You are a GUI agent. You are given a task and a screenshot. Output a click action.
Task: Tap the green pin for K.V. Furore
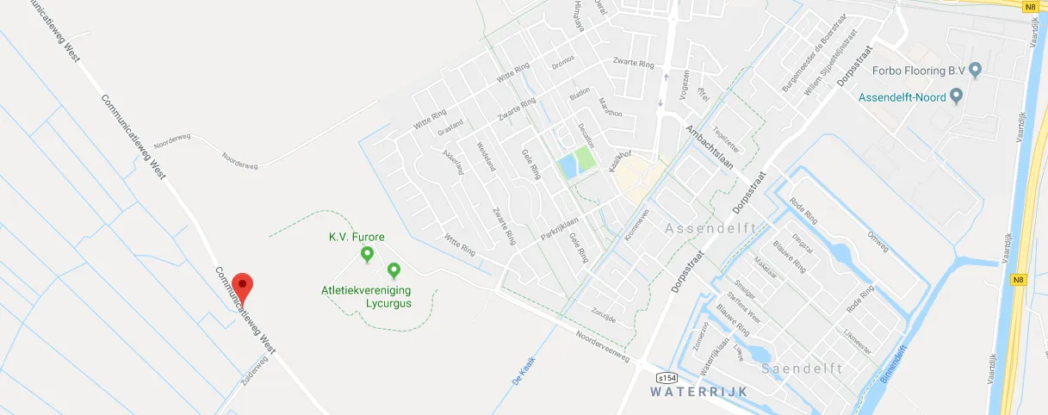367,253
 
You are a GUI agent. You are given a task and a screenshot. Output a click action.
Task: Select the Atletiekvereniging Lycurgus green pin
394,270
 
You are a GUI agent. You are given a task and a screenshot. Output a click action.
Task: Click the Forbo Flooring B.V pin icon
975,70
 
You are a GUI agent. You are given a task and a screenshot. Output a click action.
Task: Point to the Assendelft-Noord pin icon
955,97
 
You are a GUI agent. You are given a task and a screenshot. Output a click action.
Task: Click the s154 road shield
666,378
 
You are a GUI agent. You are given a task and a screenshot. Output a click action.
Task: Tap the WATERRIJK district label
698,392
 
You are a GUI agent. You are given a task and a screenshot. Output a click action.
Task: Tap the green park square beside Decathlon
584,158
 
